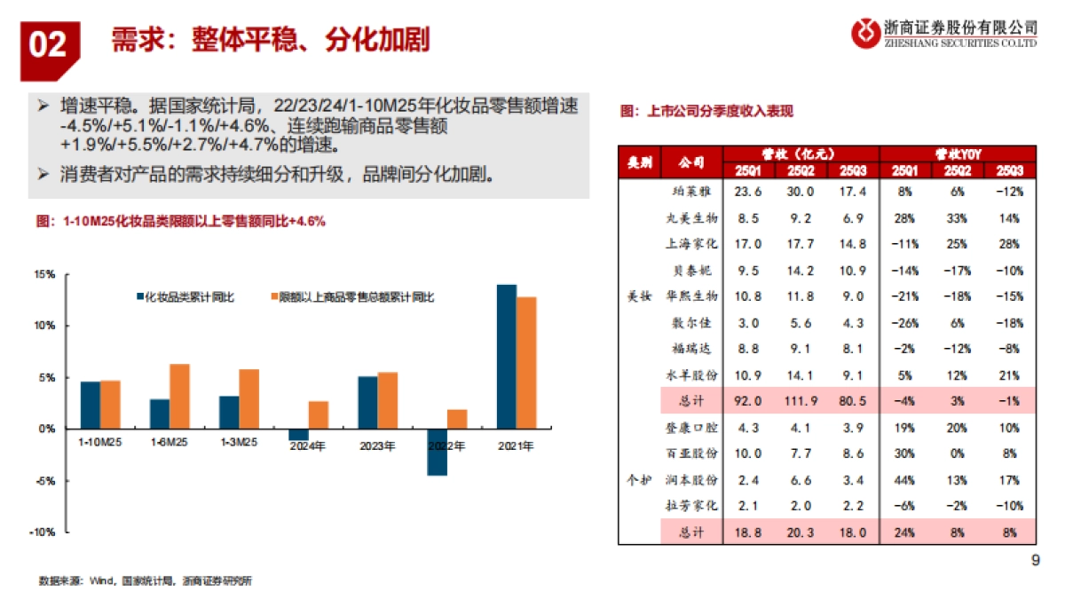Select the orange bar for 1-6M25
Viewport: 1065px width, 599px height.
(x=179, y=396)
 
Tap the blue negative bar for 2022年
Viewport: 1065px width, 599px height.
(x=437, y=452)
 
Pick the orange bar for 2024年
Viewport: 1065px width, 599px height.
(x=319, y=414)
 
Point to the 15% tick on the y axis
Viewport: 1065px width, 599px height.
(x=44, y=274)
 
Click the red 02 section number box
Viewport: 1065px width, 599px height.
(x=50, y=44)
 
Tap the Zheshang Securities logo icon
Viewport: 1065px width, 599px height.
(x=864, y=34)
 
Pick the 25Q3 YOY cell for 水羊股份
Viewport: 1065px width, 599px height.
(x=1009, y=374)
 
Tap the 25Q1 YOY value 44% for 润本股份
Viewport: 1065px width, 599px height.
(x=905, y=480)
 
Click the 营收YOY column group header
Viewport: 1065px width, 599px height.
(x=958, y=153)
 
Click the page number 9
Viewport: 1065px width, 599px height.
(x=1034, y=560)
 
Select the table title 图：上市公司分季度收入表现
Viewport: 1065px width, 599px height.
(x=706, y=111)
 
